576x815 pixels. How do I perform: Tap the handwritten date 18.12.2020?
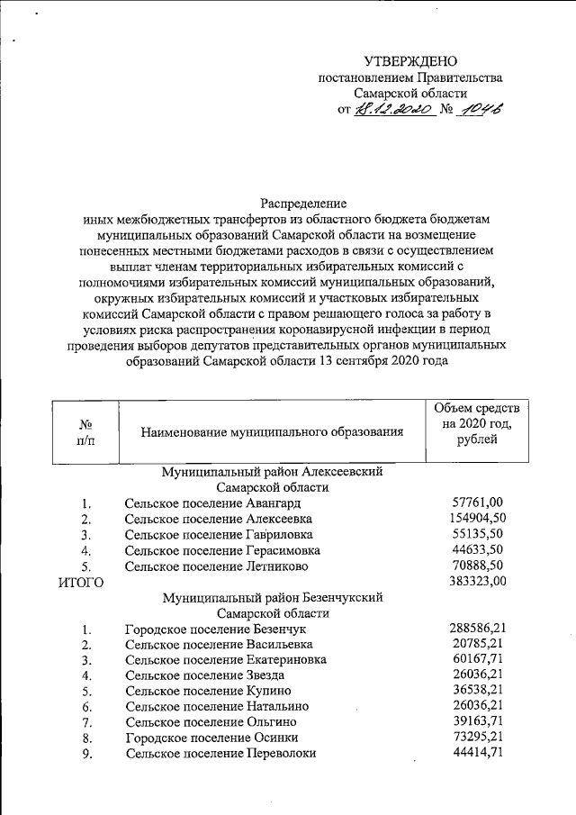pos(395,109)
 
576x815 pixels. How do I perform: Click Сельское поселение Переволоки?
pos(220,754)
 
